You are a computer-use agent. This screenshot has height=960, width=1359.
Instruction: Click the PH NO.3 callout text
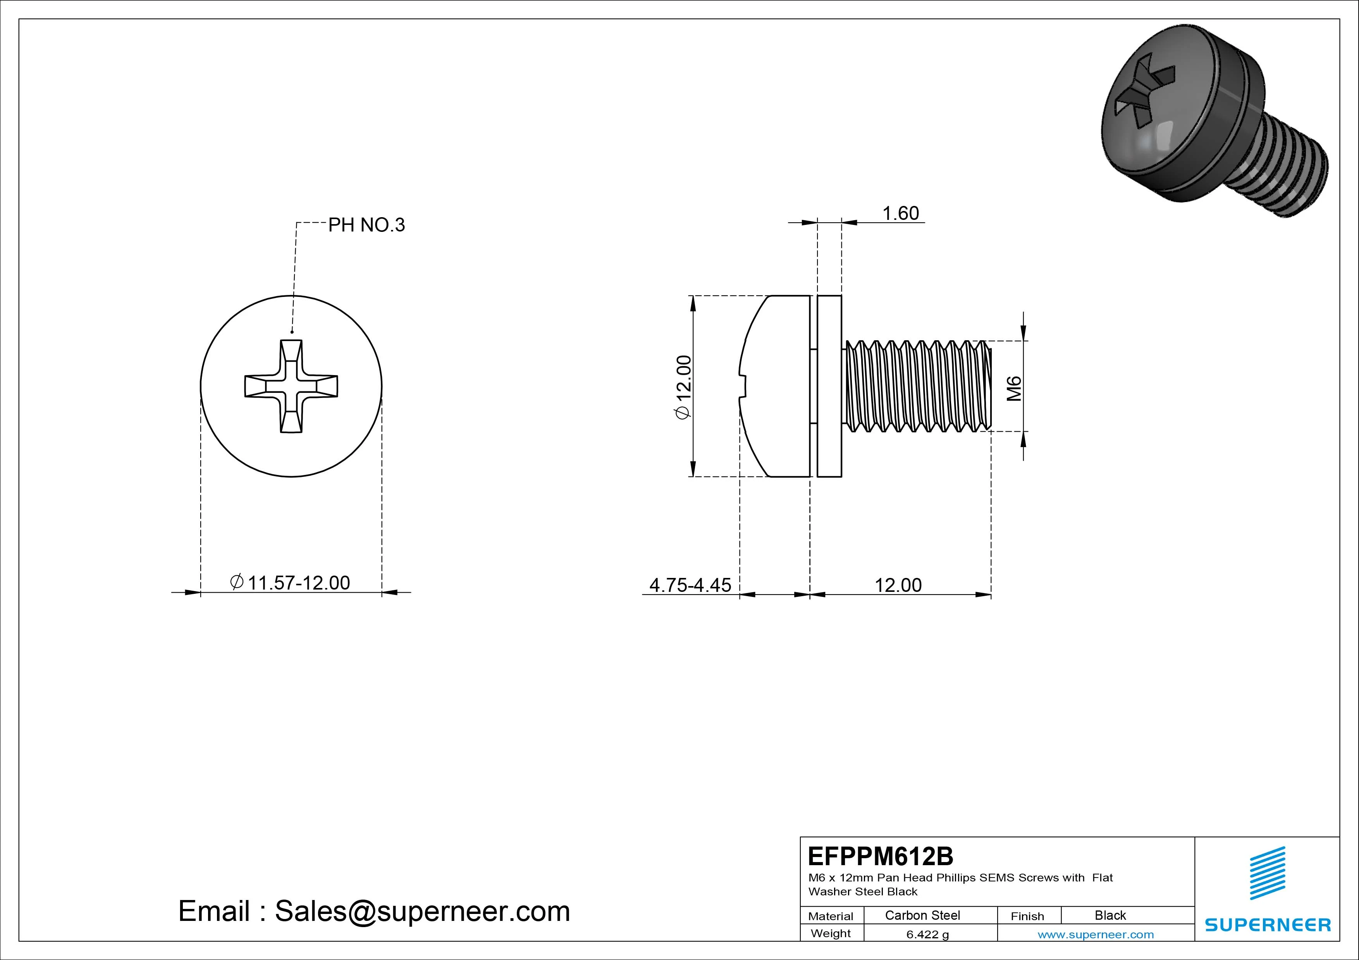coord(366,225)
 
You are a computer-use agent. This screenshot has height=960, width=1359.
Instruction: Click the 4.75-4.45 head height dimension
coord(690,585)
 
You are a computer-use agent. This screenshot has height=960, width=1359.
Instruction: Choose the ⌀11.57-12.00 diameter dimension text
coord(290,583)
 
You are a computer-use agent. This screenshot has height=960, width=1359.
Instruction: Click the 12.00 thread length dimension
coord(898,585)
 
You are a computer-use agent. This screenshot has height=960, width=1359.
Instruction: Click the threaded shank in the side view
coord(917,386)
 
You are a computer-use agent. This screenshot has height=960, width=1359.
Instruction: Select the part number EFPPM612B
coord(880,856)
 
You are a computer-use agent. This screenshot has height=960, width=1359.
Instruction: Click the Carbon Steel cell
coord(922,915)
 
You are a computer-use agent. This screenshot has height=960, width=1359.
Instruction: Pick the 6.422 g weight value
coord(927,934)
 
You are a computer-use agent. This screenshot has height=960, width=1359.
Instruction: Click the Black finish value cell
coord(1110,915)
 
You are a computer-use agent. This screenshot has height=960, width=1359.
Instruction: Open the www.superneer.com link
coord(1096,934)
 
